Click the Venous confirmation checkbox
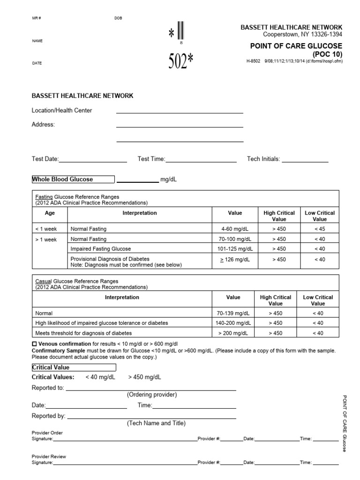[x=34, y=344]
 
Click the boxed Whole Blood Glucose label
[x=73, y=179]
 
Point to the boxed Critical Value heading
[x=73, y=367]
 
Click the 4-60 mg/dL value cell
[x=235, y=229]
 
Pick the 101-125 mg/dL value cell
[x=235, y=248]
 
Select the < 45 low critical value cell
[x=320, y=229]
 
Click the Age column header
[x=50, y=213]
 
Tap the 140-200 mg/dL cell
[x=233, y=323]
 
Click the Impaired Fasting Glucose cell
[x=101, y=248]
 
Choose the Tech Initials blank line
[x=305, y=161]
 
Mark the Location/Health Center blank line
[x=180, y=112]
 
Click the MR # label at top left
[x=37, y=18]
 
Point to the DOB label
[x=118, y=18]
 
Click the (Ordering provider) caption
[x=152, y=395]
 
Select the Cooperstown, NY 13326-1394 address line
[x=302, y=34]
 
